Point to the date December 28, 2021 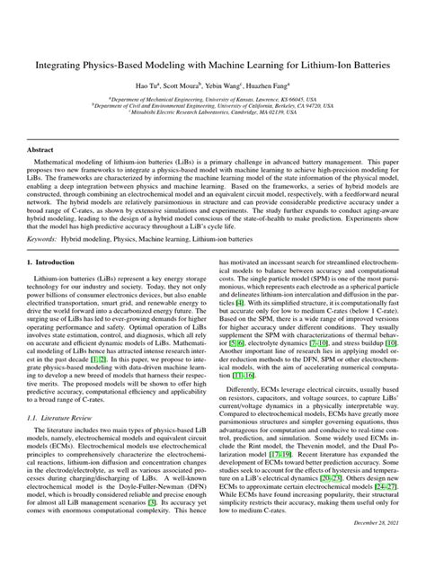pyautogui.click(x=371, y=546)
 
